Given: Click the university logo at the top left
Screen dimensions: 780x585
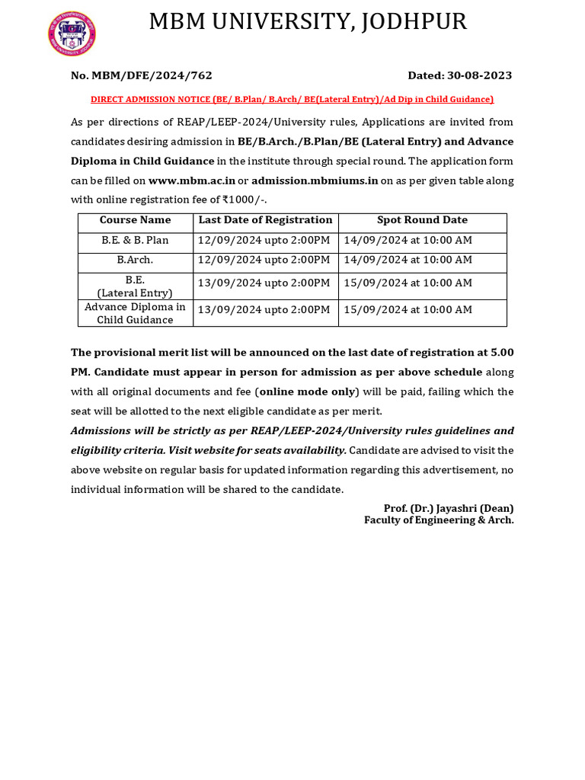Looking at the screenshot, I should pos(72,34).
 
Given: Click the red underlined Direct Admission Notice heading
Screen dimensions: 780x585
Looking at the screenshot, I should pos(292,99).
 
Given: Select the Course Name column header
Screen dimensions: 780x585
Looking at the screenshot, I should pos(136,220).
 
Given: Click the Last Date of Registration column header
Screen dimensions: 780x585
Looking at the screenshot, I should pos(265,220).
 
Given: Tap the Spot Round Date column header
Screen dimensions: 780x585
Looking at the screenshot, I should pos(422,220).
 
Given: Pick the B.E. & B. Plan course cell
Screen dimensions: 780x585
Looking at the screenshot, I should pos(136,241).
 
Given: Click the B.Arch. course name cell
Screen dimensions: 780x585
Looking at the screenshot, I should pos(136,260).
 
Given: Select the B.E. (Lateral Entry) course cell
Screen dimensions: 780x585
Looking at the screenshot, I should pos(136,286).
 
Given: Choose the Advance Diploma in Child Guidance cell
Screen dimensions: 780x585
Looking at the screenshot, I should pos(136,313).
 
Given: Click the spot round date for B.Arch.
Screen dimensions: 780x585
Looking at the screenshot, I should pos(408,260).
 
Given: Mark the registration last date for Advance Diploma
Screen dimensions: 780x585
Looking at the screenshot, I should pos(264,310).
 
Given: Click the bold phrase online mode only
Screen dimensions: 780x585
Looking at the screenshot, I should pos(306,392).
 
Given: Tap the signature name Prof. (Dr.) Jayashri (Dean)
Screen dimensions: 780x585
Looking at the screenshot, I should pos(449,508).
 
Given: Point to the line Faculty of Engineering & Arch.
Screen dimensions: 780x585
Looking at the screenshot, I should pos(439,520).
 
